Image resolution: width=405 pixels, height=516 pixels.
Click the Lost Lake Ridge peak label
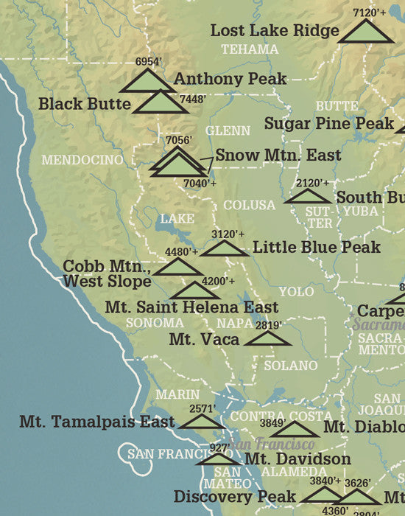pos(275,31)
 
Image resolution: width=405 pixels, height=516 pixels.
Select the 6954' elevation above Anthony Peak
pos(149,63)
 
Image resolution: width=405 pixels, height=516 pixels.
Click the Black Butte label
pos(85,104)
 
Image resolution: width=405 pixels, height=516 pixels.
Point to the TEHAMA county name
pos(250,49)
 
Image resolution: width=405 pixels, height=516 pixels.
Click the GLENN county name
pos(228,130)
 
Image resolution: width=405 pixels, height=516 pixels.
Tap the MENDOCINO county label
pos(82,159)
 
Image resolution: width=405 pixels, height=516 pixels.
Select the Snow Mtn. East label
pos(278,156)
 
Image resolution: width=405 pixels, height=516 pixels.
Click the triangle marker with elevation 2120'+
pos(308,196)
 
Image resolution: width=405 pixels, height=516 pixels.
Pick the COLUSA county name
pos(249,205)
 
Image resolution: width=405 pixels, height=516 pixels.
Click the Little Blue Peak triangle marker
pos(225,248)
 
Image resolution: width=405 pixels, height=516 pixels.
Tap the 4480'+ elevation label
pos(181,252)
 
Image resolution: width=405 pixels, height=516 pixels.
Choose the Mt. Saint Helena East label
pos(191,307)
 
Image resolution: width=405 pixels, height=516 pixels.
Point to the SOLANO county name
pos(290,365)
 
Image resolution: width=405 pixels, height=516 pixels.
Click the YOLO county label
pos(296,292)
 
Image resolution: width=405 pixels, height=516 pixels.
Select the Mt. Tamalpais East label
pos(97,422)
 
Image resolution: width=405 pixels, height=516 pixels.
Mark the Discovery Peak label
pos(234,497)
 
